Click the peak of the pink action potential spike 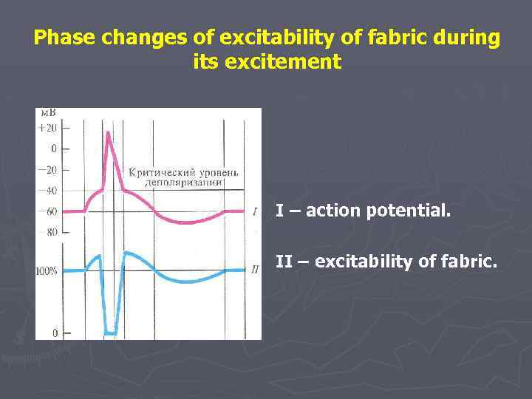(x=109, y=133)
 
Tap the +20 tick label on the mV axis (x=48, y=127)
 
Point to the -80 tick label (x=48, y=232)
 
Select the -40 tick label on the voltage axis (x=48, y=191)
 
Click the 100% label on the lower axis (x=47, y=271)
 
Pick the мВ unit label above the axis (x=47, y=113)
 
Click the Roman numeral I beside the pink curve (x=254, y=212)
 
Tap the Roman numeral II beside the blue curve (x=254, y=270)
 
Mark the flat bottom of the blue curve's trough (x=110, y=332)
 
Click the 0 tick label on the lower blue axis (x=55, y=334)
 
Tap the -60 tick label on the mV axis (x=48, y=211)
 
